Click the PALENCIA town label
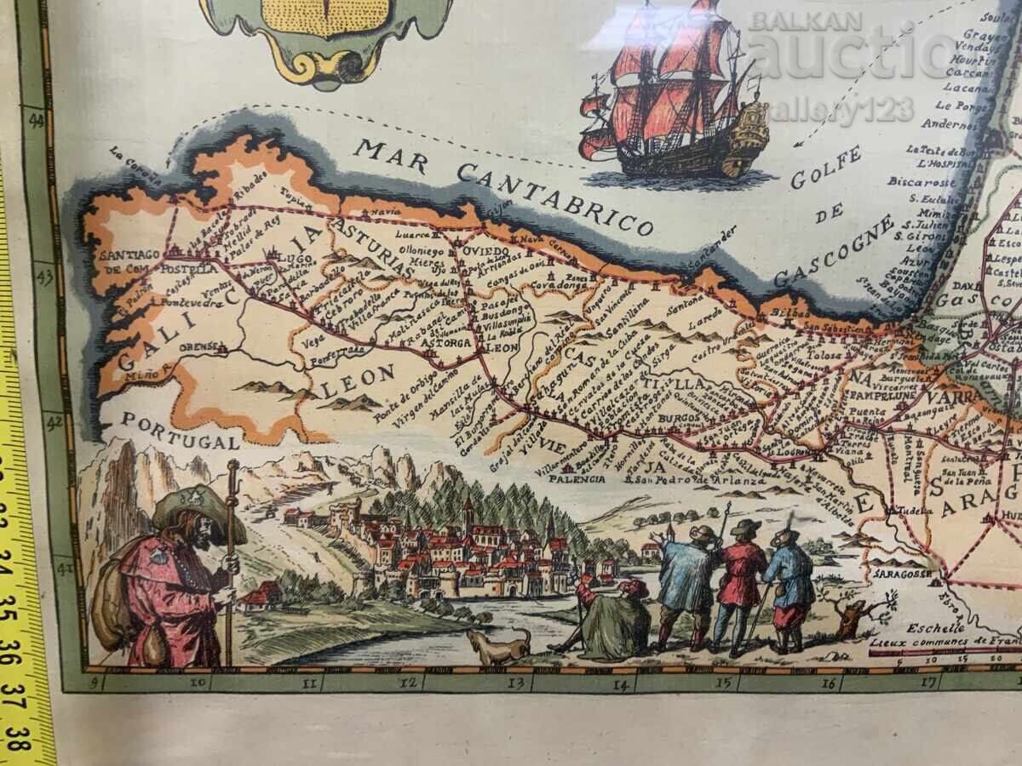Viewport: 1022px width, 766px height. (x=571, y=478)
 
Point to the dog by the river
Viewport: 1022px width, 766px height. (x=499, y=646)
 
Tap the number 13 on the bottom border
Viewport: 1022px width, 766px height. (x=514, y=682)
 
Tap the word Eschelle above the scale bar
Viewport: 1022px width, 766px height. (x=932, y=628)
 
